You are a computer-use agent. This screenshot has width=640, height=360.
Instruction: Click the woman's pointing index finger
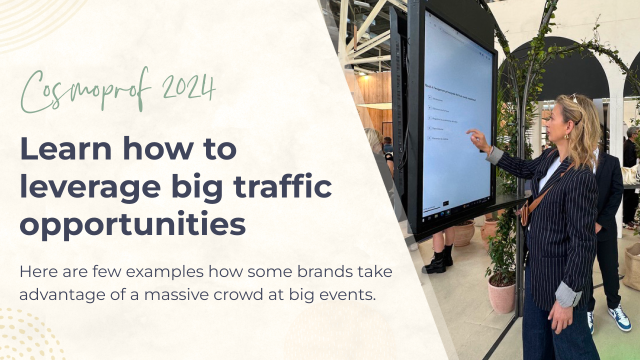[469, 132]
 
